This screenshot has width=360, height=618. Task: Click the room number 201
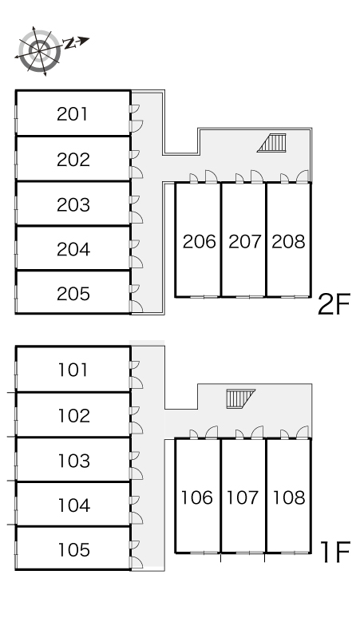(73, 114)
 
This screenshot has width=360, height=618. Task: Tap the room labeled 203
(73, 204)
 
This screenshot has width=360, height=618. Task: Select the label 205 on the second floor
(73, 294)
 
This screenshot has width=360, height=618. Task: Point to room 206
(200, 241)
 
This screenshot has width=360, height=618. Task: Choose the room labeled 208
(288, 241)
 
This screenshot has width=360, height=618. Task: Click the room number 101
(73, 370)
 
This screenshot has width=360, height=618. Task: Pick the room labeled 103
(74, 461)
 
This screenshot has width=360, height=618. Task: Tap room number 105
(74, 549)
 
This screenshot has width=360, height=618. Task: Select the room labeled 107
(243, 497)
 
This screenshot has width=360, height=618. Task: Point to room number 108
(289, 497)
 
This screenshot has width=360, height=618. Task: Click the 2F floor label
(334, 305)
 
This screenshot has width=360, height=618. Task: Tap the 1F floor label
(335, 553)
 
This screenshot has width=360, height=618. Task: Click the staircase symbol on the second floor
(272, 143)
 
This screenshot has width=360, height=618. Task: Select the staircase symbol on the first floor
(240, 398)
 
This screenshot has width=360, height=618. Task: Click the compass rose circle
(39, 51)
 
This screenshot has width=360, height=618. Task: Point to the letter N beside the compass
(69, 43)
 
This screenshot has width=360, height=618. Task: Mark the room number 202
(73, 159)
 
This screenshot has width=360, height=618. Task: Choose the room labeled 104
(74, 505)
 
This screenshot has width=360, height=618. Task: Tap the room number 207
(244, 241)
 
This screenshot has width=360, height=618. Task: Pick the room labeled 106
(197, 497)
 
